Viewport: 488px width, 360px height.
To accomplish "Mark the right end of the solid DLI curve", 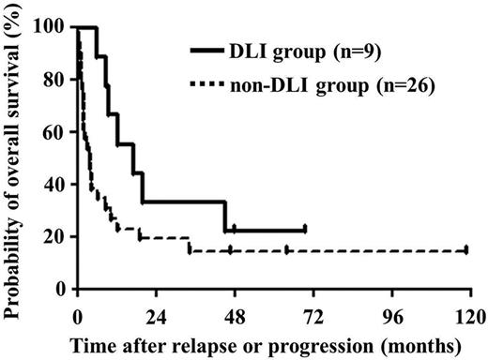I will point(306,230).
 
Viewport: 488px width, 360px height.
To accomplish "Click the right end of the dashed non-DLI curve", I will point(467,250).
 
